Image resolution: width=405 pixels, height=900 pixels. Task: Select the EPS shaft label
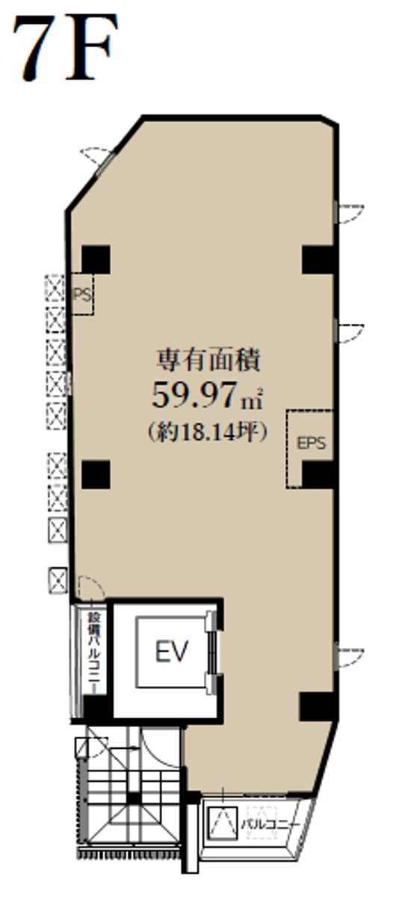coord(311,443)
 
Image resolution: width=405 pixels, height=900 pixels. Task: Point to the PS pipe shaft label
coord(83,296)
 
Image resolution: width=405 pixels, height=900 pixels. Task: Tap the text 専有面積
coord(208,360)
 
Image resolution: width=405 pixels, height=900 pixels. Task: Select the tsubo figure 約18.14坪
coord(208,432)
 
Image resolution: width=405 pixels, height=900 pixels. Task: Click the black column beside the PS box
coord(96,260)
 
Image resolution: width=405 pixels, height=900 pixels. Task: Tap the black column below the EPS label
coord(318,474)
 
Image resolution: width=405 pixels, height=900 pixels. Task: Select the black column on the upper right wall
coord(318,260)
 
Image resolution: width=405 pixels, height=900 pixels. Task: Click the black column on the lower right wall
coord(316,706)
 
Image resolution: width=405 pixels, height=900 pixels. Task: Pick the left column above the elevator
coord(96,474)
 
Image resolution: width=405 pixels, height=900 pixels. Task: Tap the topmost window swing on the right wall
coord(348,213)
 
